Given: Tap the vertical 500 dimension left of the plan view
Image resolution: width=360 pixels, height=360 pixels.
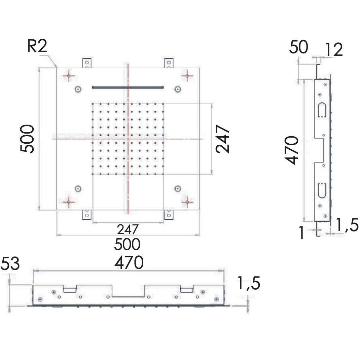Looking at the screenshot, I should tap(27, 139).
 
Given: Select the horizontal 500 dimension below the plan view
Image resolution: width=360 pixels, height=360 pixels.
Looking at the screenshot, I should tap(127, 244).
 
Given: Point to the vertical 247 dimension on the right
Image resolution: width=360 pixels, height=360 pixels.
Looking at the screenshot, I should tap(222, 139).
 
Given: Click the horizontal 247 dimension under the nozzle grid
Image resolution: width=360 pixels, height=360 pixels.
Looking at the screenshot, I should tap(128, 229).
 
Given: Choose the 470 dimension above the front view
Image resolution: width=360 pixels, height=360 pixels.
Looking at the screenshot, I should tap(129, 262).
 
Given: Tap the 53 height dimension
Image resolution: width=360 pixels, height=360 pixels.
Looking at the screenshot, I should tap(10, 264).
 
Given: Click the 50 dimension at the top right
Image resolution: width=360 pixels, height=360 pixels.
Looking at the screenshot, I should tap(298, 47).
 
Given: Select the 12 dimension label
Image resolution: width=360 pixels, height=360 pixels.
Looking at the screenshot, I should tap(333, 50).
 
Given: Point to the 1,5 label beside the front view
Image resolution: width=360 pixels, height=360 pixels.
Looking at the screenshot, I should tap(249, 284).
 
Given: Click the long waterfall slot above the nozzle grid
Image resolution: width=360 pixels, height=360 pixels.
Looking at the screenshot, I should tap(128, 87).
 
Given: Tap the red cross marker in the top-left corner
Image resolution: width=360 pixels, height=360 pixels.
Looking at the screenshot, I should tap(69, 76).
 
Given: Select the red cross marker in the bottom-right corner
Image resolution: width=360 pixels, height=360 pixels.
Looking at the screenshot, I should tap(187, 202).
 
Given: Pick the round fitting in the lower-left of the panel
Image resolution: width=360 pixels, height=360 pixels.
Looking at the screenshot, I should tap(78, 188).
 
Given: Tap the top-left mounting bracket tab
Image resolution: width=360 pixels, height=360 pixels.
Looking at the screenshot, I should tap(87, 63).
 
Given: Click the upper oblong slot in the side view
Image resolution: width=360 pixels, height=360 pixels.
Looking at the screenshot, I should tap(321, 110).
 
